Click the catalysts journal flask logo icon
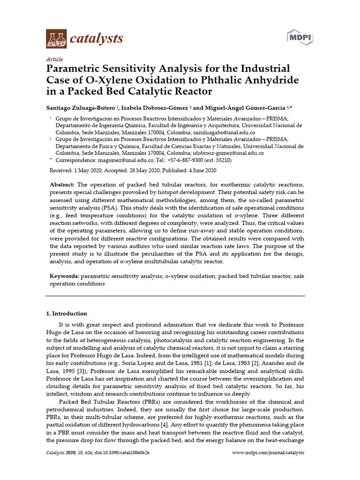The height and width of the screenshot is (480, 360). [56, 38]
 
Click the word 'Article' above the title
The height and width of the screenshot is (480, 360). [54, 60]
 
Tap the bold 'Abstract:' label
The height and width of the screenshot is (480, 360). [63, 185]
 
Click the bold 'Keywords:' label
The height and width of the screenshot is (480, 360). [64, 276]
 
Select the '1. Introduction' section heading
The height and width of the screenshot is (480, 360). [66, 314]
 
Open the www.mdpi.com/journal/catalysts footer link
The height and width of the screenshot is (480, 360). [268, 453]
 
